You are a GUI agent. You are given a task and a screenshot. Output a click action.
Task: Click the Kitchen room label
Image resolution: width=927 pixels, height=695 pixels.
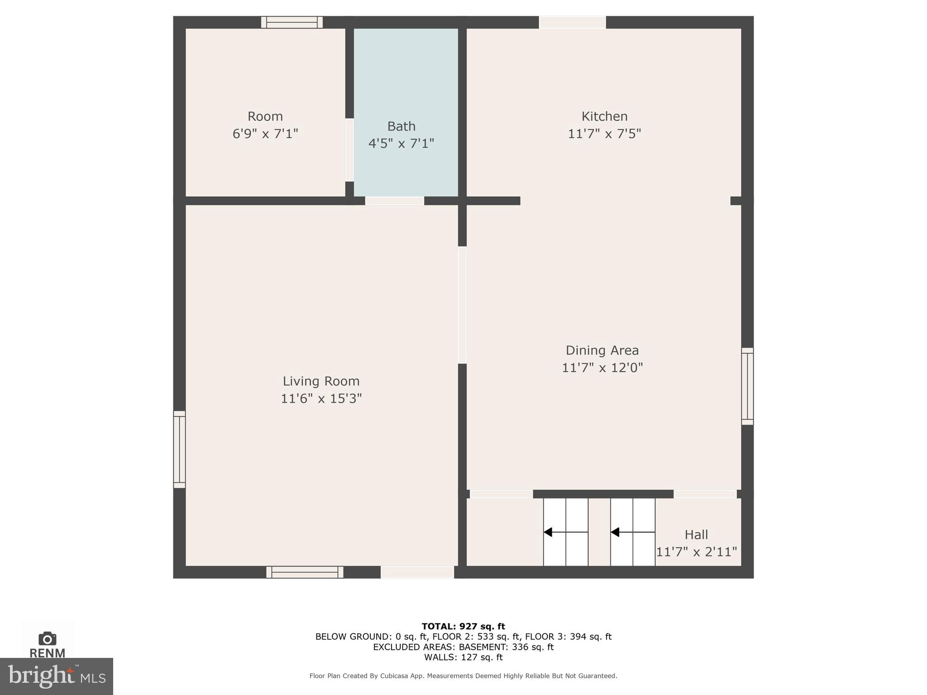tap(604, 117)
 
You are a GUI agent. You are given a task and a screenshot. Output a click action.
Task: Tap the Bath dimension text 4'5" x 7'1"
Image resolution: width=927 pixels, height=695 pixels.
tap(401, 143)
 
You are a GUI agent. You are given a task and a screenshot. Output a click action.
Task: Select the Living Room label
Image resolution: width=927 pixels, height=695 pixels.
tap(321, 381)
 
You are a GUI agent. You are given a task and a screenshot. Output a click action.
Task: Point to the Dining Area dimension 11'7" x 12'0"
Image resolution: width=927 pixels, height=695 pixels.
tap(602, 367)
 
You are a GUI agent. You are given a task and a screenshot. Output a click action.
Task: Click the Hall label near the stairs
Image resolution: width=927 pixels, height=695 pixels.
tap(696, 535)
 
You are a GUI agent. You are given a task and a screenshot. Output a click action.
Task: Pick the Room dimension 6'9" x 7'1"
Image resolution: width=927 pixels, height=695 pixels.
tap(265, 134)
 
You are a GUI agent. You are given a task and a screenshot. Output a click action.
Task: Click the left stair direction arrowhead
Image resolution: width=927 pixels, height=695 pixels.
tap(548, 532)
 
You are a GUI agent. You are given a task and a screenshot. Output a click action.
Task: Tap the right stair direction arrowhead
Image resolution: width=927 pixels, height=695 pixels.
tap(615, 532)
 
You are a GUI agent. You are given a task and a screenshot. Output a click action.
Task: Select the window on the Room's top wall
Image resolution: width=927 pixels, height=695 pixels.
tap(292, 22)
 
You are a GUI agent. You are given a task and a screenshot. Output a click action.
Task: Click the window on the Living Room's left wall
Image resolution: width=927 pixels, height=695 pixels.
tap(179, 449)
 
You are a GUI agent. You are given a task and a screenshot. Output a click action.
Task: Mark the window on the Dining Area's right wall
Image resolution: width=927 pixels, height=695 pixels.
tap(747, 386)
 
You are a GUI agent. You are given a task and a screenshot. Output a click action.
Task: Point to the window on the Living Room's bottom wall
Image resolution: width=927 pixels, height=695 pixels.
tap(305, 572)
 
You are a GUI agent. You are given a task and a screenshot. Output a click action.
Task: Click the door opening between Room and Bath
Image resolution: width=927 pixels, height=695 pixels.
tap(349, 150)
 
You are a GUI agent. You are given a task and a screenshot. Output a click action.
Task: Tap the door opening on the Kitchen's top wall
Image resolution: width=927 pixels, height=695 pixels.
tap(572, 22)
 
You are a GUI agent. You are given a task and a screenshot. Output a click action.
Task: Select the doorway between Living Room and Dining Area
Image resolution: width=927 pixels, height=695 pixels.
tap(462, 305)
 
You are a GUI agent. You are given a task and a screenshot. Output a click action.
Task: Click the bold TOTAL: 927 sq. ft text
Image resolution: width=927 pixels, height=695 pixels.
tap(463, 626)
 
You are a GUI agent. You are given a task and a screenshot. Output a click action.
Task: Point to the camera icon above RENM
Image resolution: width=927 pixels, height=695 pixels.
tap(47, 638)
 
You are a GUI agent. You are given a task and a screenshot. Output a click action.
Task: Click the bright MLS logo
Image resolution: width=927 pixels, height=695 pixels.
tap(56, 676)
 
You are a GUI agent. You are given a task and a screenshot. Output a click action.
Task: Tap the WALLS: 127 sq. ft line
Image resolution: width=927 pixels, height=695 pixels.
tap(463, 657)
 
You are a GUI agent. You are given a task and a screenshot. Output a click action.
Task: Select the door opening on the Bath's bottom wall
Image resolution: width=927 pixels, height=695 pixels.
tap(394, 200)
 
